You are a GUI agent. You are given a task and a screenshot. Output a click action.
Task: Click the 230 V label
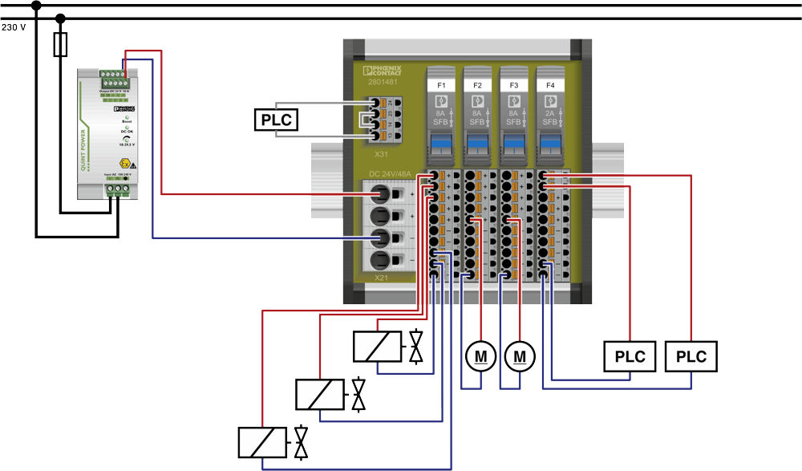(x=14, y=26)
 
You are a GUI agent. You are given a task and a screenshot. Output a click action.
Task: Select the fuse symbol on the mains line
(x=59, y=45)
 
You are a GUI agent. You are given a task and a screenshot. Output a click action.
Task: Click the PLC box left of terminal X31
(x=274, y=120)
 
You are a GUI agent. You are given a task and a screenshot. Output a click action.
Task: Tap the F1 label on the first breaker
(x=441, y=84)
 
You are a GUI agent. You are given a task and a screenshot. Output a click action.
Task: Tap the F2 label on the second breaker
(x=477, y=84)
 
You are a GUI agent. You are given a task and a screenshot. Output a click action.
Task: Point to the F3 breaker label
(x=513, y=84)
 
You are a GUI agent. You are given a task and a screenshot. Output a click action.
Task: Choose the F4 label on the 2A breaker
(x=550, y=84)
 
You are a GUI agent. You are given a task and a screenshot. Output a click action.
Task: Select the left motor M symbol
(x=480, y=355)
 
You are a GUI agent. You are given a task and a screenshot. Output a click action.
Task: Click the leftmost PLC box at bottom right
(x=630, y=356)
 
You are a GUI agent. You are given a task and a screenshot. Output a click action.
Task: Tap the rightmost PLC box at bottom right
(x=691, y=356)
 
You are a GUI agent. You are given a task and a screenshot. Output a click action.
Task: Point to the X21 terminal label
(x=382, y=278)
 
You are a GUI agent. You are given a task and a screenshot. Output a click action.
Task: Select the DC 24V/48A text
(x=394, y=173)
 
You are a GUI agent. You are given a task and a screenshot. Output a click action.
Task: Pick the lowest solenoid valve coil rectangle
(x=262, y=443)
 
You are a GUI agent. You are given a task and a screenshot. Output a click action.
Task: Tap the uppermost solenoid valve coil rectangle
(x=378, y=346)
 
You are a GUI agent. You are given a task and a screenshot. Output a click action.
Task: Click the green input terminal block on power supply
(x=117, y=189)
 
